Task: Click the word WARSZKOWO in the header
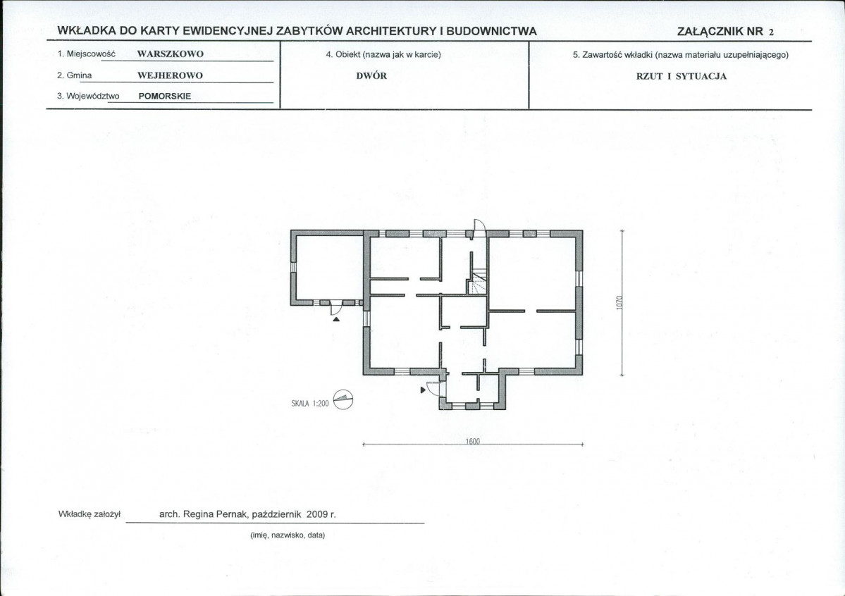tap(171, 54)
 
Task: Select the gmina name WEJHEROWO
tap(170, 75)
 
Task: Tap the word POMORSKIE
tap(165, 97)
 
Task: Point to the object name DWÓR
tap(371, 76)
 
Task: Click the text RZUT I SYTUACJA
tap(681, 76)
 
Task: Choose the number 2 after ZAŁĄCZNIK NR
tap(771, 32)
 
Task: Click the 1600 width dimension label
tap(473, 441)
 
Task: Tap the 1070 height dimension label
tap(619, 302)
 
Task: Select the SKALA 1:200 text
tap(310, 403)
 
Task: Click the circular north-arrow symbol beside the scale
tap(343, 399)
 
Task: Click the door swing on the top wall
tap(480, 225)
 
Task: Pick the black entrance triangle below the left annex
tap(336, 319)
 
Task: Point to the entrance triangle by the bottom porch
tap(423, 390)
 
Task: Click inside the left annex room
tap(328, 268)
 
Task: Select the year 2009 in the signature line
tap(317, 514)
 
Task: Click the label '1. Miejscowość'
tap(86, 54)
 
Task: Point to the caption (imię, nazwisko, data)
tap(288, 535)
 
